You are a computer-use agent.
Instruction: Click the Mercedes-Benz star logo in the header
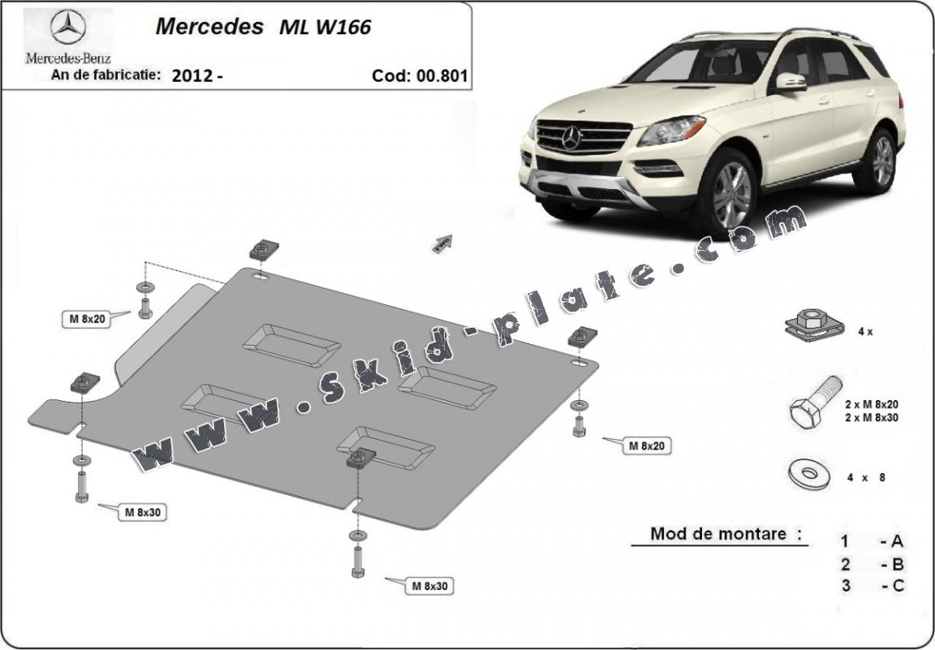[x=68, y=27]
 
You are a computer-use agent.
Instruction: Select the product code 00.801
[x=441, y=75]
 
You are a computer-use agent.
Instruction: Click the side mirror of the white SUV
[x=791, y=82]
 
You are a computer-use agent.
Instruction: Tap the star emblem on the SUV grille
[x=571, y=138]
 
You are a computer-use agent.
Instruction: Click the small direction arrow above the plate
[x=442, y=243]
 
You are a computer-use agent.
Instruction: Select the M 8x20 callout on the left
[x=87, y=319]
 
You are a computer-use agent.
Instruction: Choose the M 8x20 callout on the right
[x=647, y=445]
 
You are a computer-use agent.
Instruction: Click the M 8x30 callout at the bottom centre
[x=429, y=586]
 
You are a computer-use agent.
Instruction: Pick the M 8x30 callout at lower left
[x=142, y=512]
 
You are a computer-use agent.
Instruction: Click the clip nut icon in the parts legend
[x=814, y=325]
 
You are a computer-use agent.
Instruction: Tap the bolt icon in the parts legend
[x=815, y=402]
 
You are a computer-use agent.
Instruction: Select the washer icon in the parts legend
[x=809, y=474]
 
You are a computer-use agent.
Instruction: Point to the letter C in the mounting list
[x=898, y=586]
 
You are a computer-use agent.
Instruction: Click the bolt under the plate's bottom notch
[x=358, y=562]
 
